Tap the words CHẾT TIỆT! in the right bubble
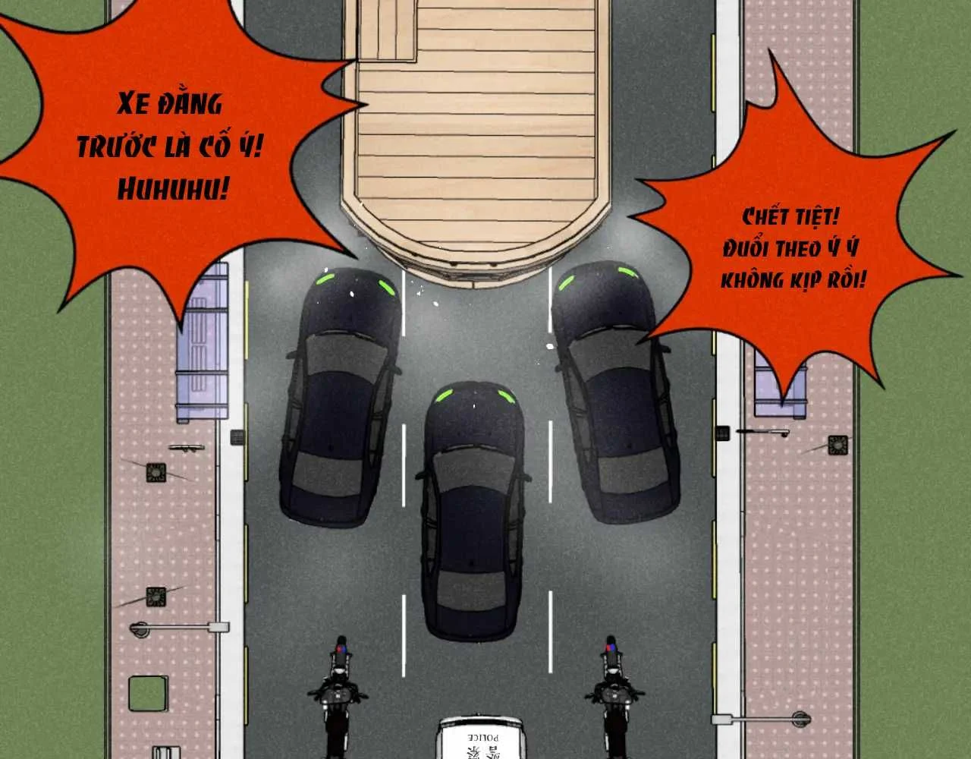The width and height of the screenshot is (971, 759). [x=790, y=218]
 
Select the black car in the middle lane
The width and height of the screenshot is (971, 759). [x=473, y=511]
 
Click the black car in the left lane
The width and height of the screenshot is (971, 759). [x=340, y=397]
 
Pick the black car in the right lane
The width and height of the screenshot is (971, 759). [x=615, y=391]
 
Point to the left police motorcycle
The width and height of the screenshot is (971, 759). [x=338, y=696]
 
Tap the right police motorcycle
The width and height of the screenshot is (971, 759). [x=614, y=696]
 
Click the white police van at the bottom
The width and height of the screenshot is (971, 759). [x=480, y=737]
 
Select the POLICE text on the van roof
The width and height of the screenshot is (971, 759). [x=482, y=738]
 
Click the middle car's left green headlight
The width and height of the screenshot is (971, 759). [x=444, y=395]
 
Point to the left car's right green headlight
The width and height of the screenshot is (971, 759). [x=387, y=288]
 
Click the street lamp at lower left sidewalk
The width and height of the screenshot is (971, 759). [x=179, y=628]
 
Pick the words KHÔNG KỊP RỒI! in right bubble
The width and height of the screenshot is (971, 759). [x=793, y=280]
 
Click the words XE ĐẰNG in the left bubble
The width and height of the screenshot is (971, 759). [x=169, y=104]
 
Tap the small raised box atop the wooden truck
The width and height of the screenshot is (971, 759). [x=387, y=30]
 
